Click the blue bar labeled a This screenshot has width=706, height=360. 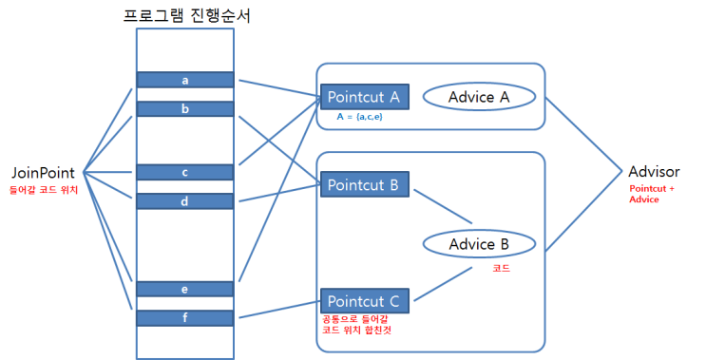[x=185, y=80]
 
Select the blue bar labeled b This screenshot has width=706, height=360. [x=185, y=109]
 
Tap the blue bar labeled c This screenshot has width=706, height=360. [x=185, y=172]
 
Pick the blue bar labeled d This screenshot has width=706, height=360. [x=185, y=201]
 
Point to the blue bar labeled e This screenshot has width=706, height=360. [x=185, y=289]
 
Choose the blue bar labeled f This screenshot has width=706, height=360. [x=185, y=318]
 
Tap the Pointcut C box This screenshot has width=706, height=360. [x=366, y=301]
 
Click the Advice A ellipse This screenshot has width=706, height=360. [x=480, y=97]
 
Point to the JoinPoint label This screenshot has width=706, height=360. [x=44, y=173]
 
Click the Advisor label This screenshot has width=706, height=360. [x=654, y=172]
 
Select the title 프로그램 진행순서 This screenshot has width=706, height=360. [x=185, y=15]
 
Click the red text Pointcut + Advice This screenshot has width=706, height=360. [x=653, y=194]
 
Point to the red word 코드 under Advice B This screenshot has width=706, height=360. [x=501, y=269]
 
